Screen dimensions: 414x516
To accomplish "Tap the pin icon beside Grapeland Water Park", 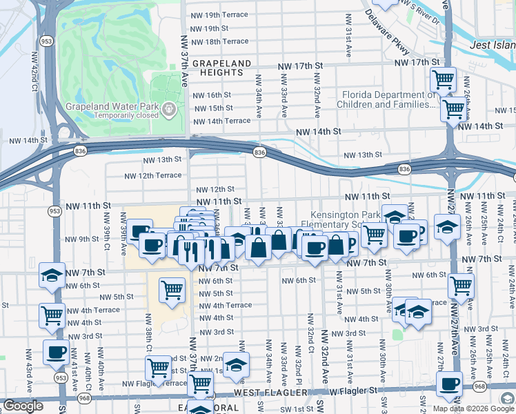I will [168, 108].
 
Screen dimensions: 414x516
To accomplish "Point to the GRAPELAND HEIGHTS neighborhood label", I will [221, 68].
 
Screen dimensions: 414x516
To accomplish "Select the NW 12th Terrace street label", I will [152, 176].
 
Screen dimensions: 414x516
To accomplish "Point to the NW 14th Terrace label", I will [221, 121].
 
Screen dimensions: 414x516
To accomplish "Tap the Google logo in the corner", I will [23, 406].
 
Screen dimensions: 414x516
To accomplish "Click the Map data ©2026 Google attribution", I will [473, 408].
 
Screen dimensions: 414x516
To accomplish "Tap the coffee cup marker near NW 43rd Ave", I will [55, 352].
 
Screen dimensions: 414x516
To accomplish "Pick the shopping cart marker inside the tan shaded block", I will [172, 289].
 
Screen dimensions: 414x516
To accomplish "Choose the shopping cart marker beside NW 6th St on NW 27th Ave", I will [461, 284].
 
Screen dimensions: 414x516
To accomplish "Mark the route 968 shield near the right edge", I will [480, 387].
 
